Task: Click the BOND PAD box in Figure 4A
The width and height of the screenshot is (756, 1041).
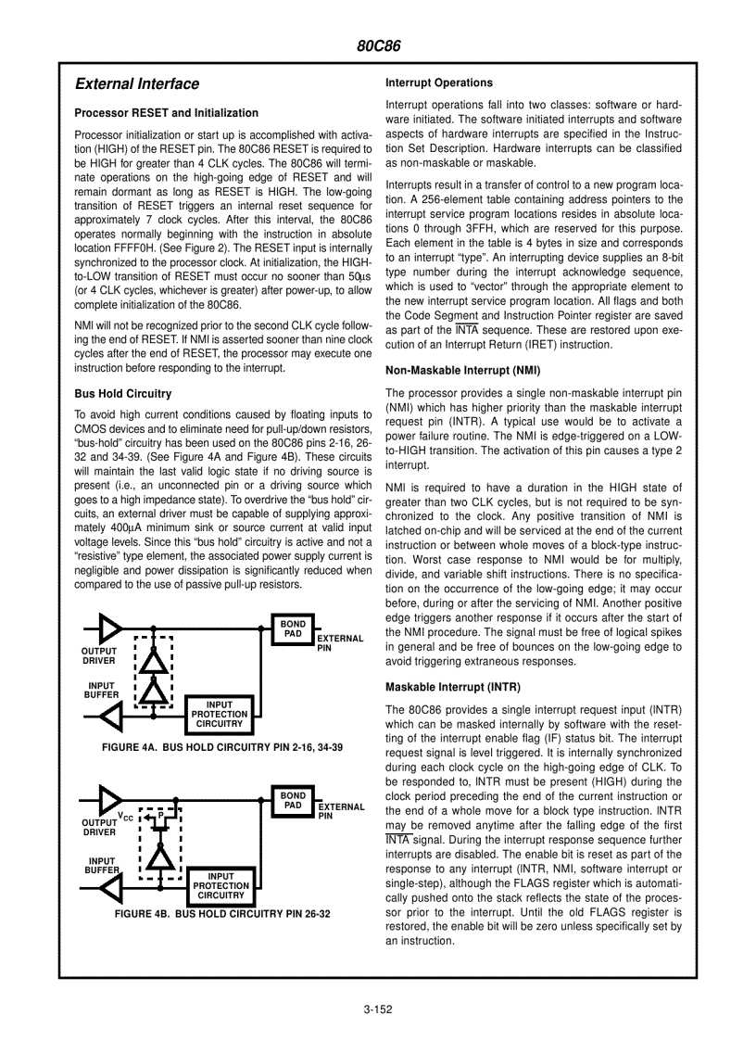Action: tap(293, 628)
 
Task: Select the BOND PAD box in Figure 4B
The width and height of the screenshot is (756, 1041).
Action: tap(293, 800)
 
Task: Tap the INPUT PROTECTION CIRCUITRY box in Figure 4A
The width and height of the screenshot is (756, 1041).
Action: tap(219, 714)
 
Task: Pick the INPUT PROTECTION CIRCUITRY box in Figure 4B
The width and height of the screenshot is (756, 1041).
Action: tap(220, 885)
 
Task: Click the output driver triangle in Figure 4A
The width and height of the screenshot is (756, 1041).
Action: tap(110, 628)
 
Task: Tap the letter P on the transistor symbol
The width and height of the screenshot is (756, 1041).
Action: tap(160, 816)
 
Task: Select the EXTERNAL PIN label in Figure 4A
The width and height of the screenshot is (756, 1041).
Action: tap(339, 642)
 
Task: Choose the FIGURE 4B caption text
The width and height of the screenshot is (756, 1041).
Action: tap(221, 914)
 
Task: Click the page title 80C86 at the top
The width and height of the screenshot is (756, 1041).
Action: tap(378, 46)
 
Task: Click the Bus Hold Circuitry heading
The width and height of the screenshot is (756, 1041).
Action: tap(122, 394)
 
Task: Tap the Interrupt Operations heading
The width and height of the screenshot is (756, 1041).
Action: tap(438, 83)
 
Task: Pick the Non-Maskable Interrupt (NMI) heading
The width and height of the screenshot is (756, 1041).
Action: tap(462, 371)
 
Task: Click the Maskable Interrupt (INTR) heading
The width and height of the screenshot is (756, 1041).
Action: tap(452, 687)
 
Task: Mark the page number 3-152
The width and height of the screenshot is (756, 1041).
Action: tap(378, 1009)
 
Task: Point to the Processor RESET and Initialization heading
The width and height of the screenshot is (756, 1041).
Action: tap(166, 113)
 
